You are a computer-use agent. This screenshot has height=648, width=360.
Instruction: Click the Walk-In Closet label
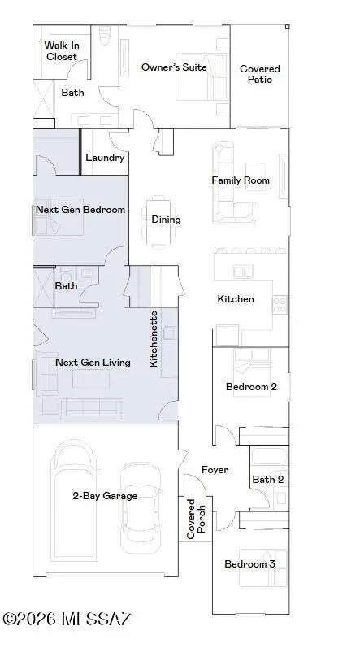coord(62,51)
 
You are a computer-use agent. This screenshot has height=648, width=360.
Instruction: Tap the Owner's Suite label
coord(173,67)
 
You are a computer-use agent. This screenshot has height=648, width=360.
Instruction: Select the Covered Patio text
coord(259,74)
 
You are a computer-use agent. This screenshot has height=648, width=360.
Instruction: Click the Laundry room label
coord(105,158)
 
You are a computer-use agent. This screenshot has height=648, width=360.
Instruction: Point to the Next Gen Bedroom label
coord(80,210)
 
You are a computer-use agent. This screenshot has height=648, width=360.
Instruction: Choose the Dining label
coord(166,219)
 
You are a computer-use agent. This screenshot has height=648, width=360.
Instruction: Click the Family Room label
coord(241,180)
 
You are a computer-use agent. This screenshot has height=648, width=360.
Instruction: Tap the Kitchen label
coord(235,299)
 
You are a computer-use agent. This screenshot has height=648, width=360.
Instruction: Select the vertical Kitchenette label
coord(154,338)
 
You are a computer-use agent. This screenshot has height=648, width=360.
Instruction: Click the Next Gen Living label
coord(93,363)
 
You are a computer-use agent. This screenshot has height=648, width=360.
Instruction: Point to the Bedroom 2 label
coord(251,387)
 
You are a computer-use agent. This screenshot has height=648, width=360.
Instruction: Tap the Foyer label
coord(215,470)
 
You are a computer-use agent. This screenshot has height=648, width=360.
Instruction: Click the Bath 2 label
coord(267,480)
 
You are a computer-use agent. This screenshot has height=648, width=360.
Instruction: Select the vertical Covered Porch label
coord(191,519)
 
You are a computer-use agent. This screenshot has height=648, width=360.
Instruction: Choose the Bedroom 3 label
coord(250,564)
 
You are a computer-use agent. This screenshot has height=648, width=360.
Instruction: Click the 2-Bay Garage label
coord(104,495)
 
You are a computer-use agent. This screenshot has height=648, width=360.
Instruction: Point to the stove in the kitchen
coord(280,305)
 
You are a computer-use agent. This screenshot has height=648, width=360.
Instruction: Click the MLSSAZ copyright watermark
coord(67,620)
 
